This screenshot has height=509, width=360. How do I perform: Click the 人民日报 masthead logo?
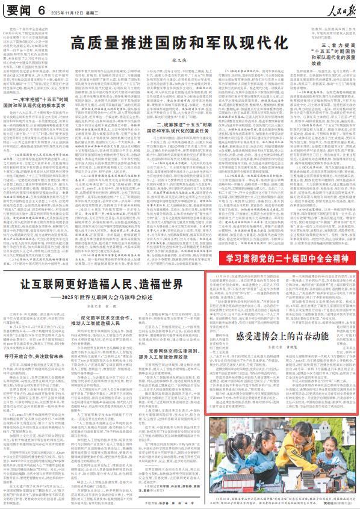(334, 10)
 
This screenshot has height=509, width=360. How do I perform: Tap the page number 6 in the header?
(42, 10)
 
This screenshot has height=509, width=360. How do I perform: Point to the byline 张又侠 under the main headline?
(180, 60)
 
